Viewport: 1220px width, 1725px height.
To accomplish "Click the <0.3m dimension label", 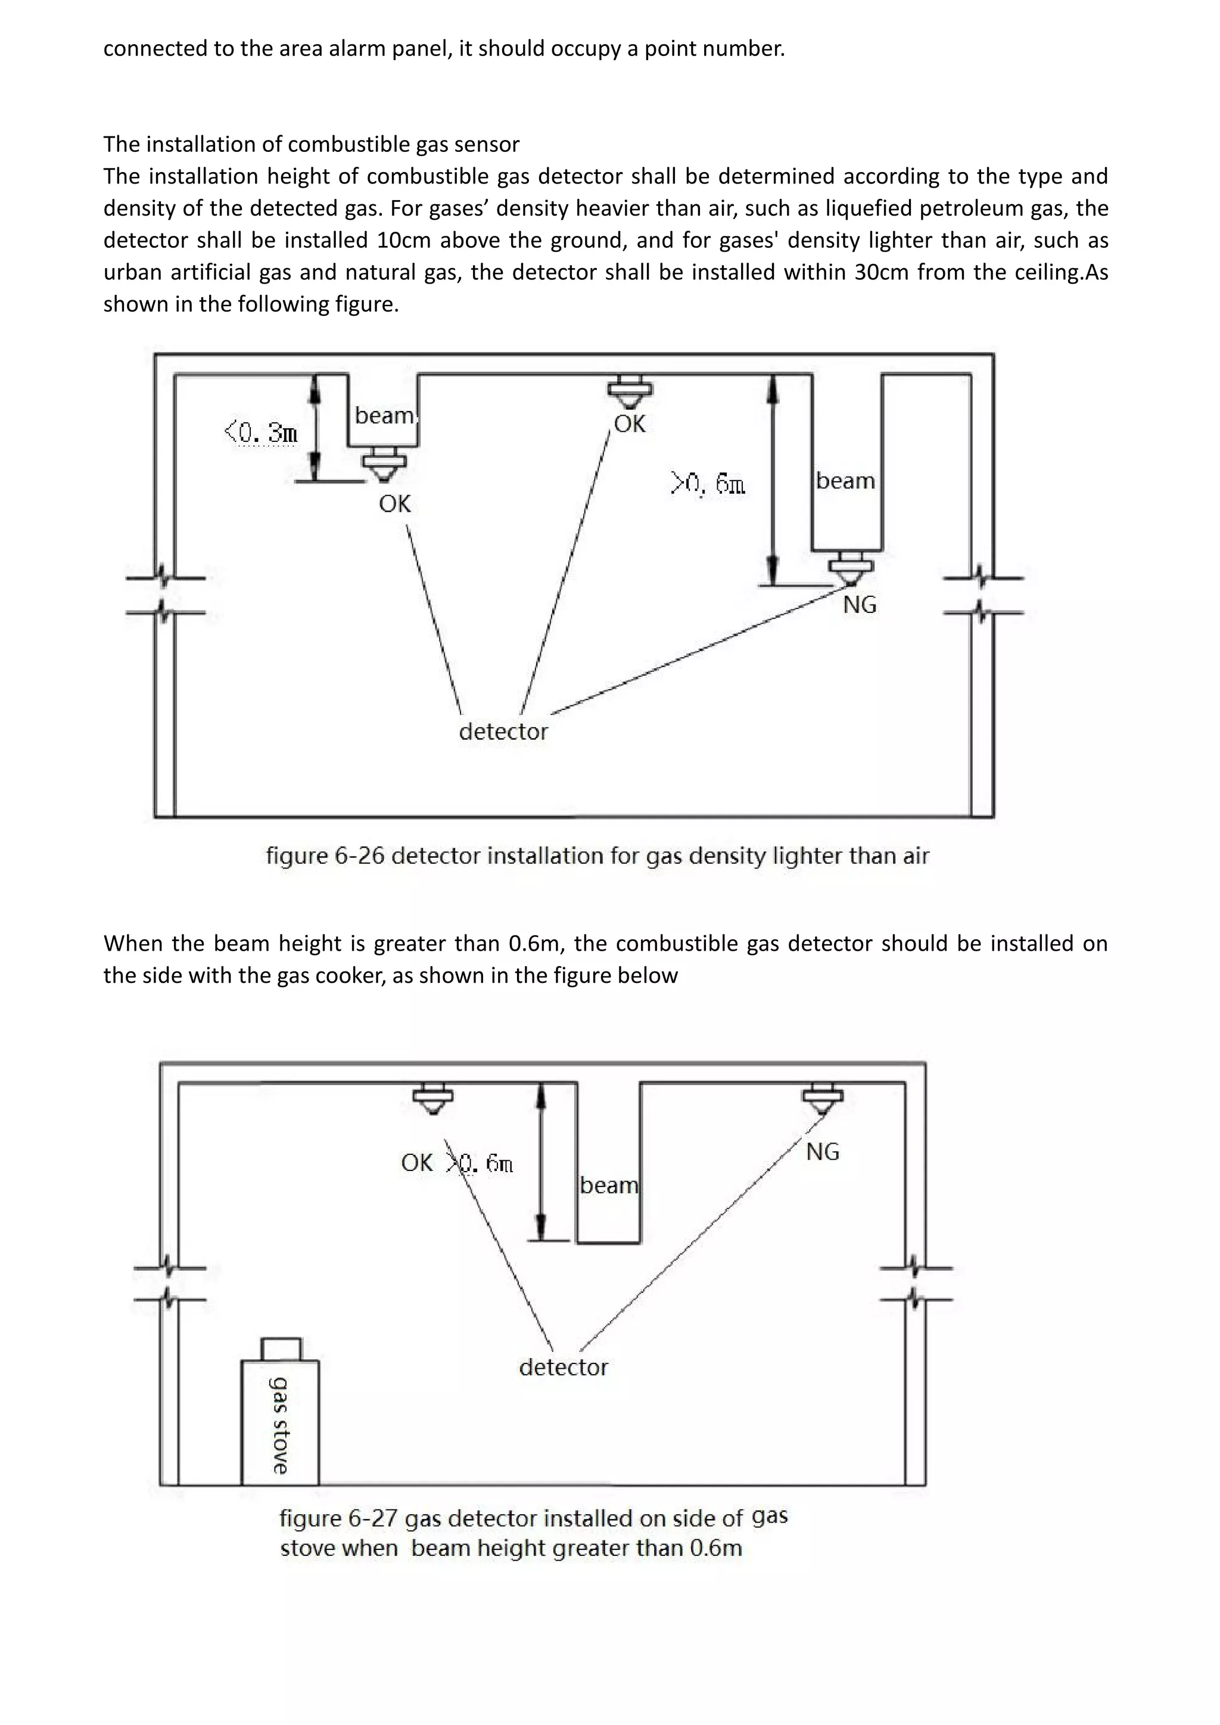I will click(262, 433).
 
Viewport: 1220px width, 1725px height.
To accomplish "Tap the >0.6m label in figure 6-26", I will click(708, 484).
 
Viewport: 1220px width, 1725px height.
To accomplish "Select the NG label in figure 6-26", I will click(860, 605).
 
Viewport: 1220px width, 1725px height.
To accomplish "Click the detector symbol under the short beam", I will click(383, 463).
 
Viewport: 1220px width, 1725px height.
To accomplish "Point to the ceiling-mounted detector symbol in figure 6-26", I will click(630, 391).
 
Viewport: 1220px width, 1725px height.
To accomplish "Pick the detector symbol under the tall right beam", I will click(851, 568).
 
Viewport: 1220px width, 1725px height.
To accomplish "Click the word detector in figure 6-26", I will click(503, 732).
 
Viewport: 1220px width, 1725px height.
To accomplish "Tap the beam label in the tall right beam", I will click(845, 481).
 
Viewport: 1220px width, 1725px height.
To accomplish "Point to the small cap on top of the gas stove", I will click(281, 1349).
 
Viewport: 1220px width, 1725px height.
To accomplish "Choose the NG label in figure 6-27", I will click(823, 1152).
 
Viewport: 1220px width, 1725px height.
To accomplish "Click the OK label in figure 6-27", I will click(417, 1163).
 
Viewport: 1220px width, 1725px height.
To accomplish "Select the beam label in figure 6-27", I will click(608, 1185).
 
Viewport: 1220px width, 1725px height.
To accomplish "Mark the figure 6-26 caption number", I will click(360, 856).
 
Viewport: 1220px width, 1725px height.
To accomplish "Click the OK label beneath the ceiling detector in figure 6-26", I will click(630, 425).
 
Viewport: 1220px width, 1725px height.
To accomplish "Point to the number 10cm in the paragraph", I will click(400, 241).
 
